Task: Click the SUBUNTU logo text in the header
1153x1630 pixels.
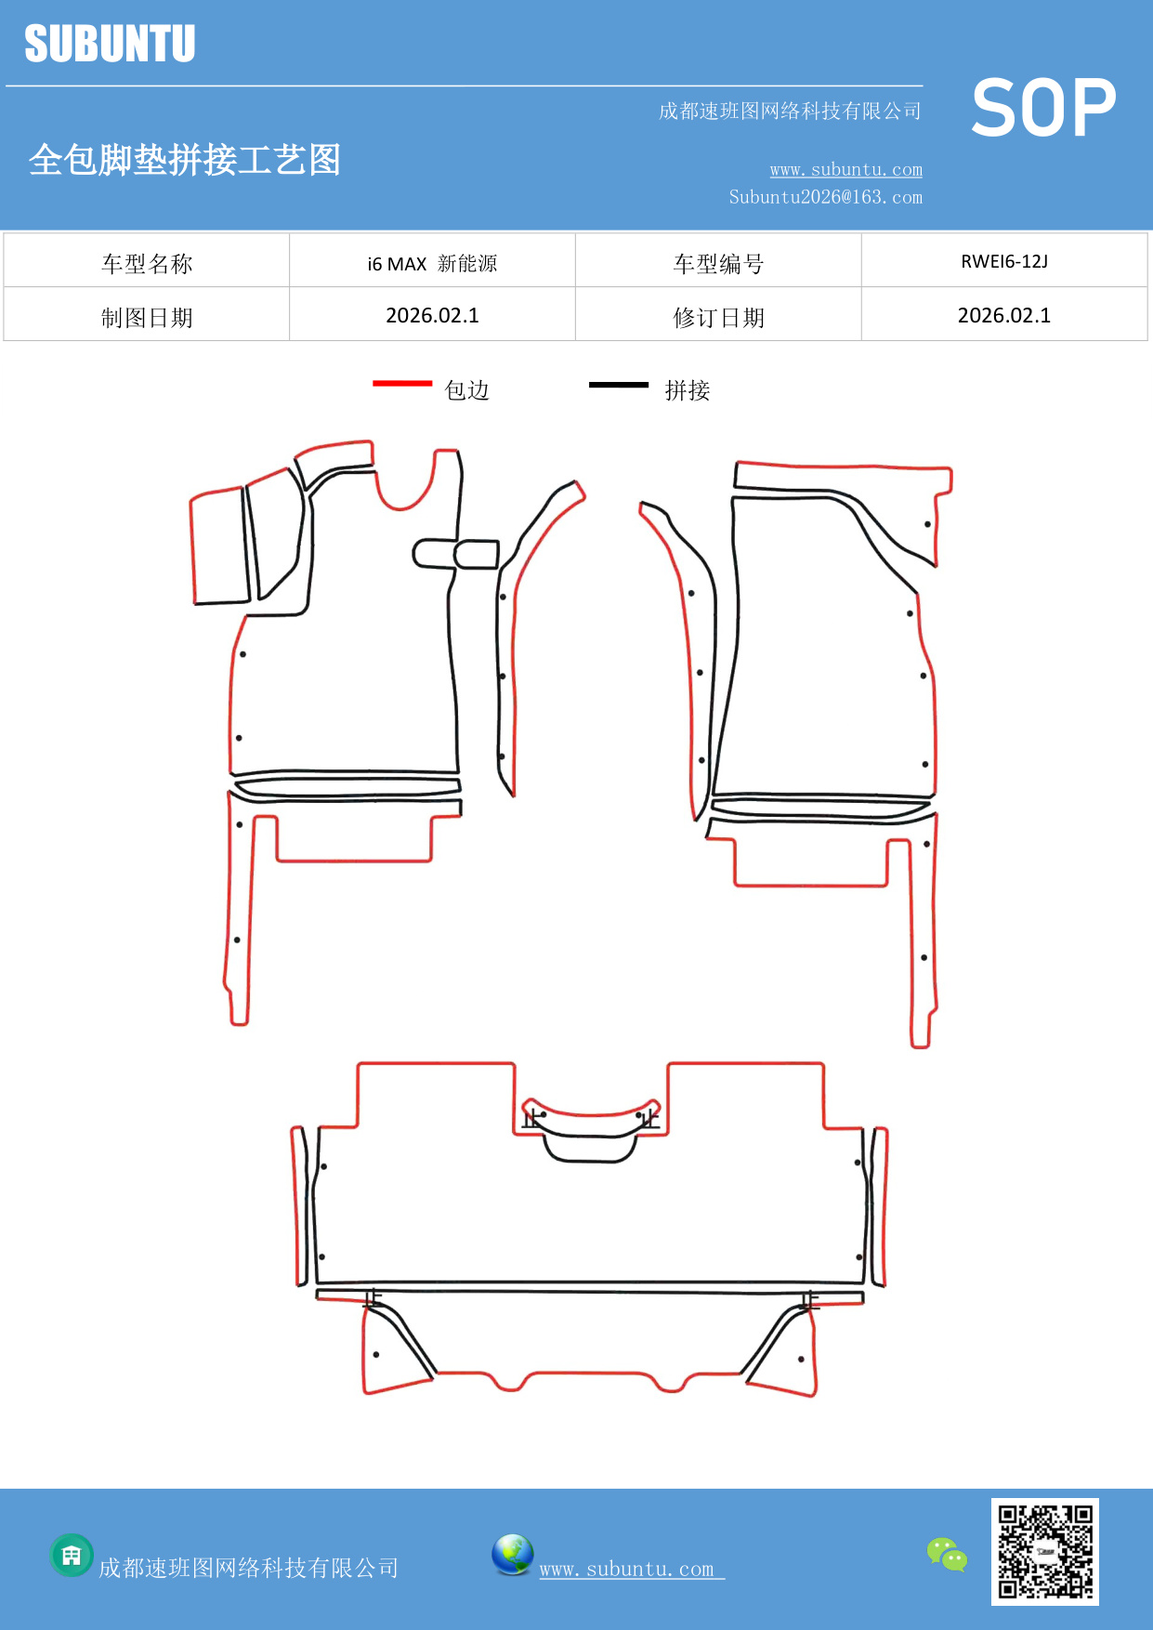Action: point(110,44)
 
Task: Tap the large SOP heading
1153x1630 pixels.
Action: point(1043,109)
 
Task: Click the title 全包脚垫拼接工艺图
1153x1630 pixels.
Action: point(185,160)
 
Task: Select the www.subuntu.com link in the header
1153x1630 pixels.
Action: point(845,169)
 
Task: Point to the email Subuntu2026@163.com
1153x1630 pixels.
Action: point(825,197)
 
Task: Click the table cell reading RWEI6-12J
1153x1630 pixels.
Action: point(1004,261)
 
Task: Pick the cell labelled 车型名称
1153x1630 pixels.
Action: point(147,264)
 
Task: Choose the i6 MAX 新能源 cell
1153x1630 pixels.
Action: point(432,264)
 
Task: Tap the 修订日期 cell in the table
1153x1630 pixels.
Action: point(718,318)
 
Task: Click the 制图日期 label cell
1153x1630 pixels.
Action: point(147,318)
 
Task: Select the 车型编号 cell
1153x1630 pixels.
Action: point(718,264)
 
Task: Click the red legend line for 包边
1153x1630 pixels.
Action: point(402,383)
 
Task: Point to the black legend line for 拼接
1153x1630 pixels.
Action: point(619,384)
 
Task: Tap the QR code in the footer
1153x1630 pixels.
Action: point(1045,1551)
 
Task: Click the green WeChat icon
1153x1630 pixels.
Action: point(947,1555)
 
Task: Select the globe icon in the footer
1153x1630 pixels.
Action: point(512,1555)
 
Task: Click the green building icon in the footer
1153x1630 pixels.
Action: point(72,1555)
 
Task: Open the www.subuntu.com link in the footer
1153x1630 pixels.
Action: point(627,1569)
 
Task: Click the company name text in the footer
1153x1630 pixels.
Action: point(249,1569)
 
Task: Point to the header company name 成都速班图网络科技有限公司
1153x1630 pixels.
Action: point(790,112)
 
